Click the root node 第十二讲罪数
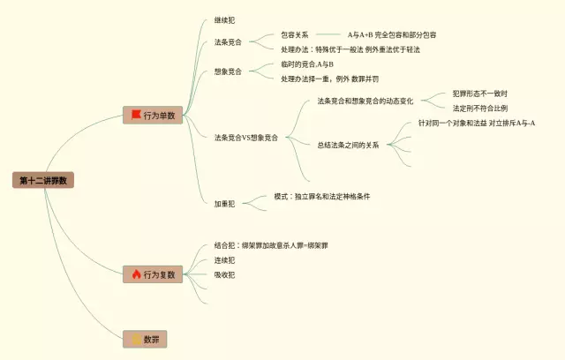(x=42, y=180)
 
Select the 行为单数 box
(x=153, y=116)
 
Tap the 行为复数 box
(x=153, y=274)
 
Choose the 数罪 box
(x=145, y=339)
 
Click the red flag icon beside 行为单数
(x=136, y=116)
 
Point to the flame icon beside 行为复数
(x=136, y=274)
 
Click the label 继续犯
(x=224, y=19)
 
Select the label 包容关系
(x=295, y=35)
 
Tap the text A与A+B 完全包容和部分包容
(x=391, y=35)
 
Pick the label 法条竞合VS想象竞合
(x=245, y=138)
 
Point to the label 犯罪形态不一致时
(x=479, y=93)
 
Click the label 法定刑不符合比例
(x=479, y=108)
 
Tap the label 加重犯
(x=224, y=203)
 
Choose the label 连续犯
(x=224, y=259)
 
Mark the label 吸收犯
(x=224, y=274)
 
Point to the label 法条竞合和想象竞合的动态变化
(x=365, y=101)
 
